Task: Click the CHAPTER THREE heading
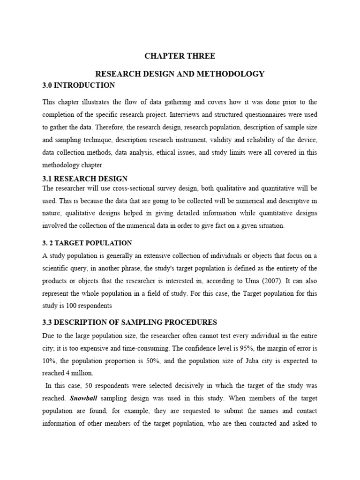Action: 180,56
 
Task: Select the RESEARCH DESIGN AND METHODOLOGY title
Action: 180,74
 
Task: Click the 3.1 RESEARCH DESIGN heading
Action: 85,179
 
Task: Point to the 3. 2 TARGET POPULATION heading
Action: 87,243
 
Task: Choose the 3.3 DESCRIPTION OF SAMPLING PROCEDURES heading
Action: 130,322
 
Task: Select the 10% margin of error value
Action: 49,361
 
